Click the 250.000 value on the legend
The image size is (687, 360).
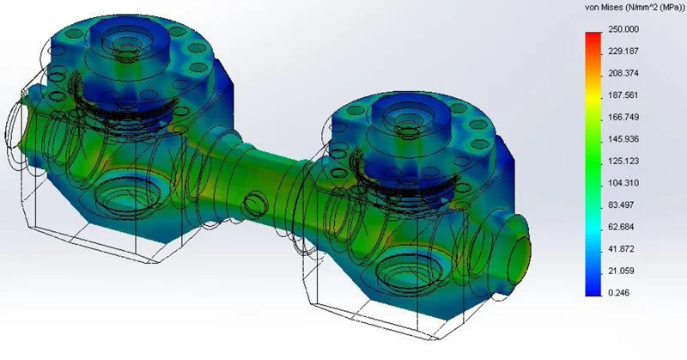pyautogui.click(x=623, y=29)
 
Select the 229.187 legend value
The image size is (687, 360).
pyautogui.click(x=623, y=52)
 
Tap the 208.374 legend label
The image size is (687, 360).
pyautogui.click(x=623, y=73)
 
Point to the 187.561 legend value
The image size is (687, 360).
pyautogui.click(x=623, y=95)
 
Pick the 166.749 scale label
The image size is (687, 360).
pyautogui.click(x=623, y=117)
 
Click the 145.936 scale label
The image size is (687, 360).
pyautogui.click(x=623, y=139)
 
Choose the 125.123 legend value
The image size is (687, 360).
pyautogui.click(x=623, y=161)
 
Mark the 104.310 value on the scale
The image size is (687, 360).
pyautogui.click(x=623, y=183)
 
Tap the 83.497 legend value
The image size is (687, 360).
pyautogui.click(x=621, y=204)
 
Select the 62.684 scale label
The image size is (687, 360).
pyautogui.click(x=621, y=227)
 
